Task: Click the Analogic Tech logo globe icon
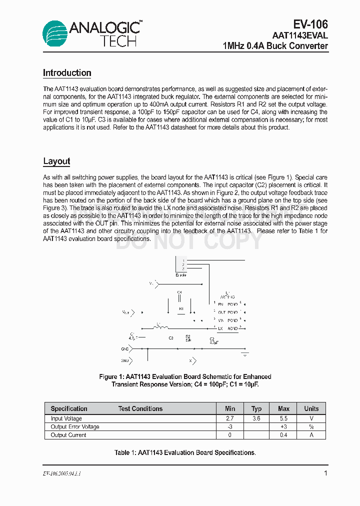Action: click(54, 33)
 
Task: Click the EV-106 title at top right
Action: click(310, 24)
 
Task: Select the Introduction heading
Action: click(67, 73)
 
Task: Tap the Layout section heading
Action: click(56, 161)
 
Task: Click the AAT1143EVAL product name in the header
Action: click(300, 35)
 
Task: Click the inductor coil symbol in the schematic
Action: click(161, 328)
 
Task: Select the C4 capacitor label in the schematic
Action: click(179, 292)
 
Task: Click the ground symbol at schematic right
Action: click(244, 354)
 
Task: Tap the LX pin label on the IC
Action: click(220, 328)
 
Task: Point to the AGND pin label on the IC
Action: click(232, 328)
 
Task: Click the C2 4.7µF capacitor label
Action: click(212, 340)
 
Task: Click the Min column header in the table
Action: click(230, 408)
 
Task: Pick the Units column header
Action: click(311, 408)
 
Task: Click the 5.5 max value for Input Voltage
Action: click(283, 418)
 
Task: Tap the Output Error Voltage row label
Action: click(75, 427)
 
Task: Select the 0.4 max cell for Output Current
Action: click(283, 435)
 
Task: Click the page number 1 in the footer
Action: click(325, 473)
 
